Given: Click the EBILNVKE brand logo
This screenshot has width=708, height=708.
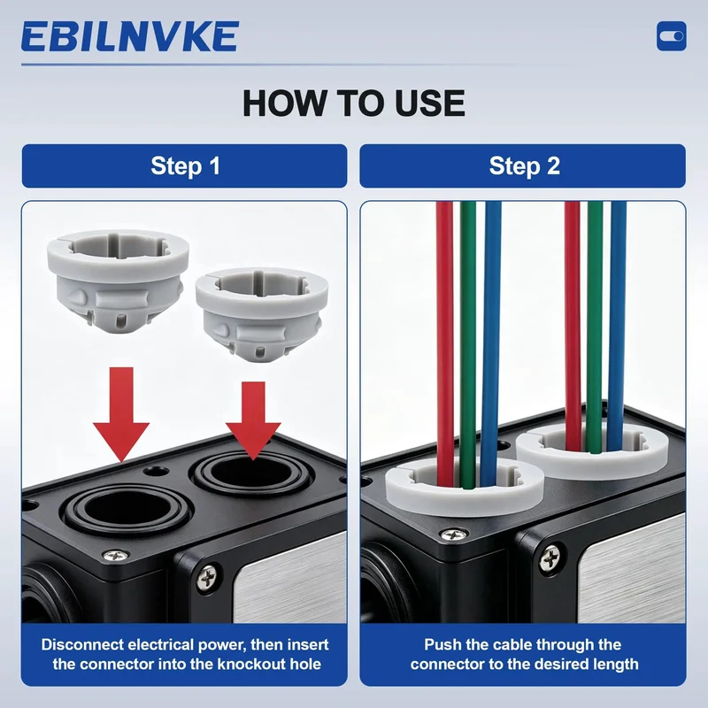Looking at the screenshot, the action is [130, 36].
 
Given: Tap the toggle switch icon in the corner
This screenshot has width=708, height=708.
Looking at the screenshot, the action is [672, 35].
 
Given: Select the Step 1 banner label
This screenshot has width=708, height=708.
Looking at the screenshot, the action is [185, 165].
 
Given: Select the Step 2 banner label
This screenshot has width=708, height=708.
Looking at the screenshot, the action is [524, 165].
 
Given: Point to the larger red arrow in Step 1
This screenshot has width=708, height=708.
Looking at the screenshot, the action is [121, 414].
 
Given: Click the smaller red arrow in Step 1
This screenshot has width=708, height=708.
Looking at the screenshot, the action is [253, 419].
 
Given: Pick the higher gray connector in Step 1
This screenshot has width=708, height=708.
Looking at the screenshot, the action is [118, 281].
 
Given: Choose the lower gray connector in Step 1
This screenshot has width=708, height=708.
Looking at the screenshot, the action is [262, 314].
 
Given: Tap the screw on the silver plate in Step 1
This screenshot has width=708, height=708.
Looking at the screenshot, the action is [207, 577].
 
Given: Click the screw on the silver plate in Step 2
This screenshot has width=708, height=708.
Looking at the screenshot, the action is [550, 559].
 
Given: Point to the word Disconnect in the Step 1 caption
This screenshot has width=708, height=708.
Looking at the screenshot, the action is [82, 644].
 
